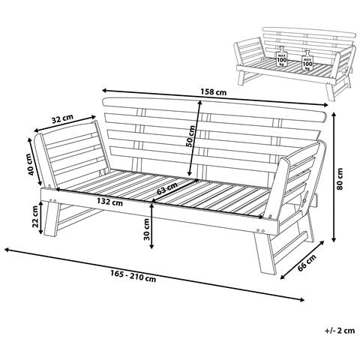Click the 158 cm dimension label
click(x=213, y=92)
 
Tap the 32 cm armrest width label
click(x=62, y=119)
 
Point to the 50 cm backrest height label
click(x=190, y=136)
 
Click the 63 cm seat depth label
click(x=167, y=188)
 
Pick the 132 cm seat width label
click(x=110, y=202)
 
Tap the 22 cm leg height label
click(x=35, y=217)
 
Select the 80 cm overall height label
click(x=340, y=179)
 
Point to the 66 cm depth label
click(x=307, y=262)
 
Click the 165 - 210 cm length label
click(x=133, y=277)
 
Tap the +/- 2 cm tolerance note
click(x=340, y=331)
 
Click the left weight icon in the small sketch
click(x=282, y=56)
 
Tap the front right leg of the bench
click(x=265, y=253)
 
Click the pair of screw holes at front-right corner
click(x=260, y=230)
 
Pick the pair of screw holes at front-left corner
click(x=52, y=200)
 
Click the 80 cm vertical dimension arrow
click(x=334, y=177)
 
